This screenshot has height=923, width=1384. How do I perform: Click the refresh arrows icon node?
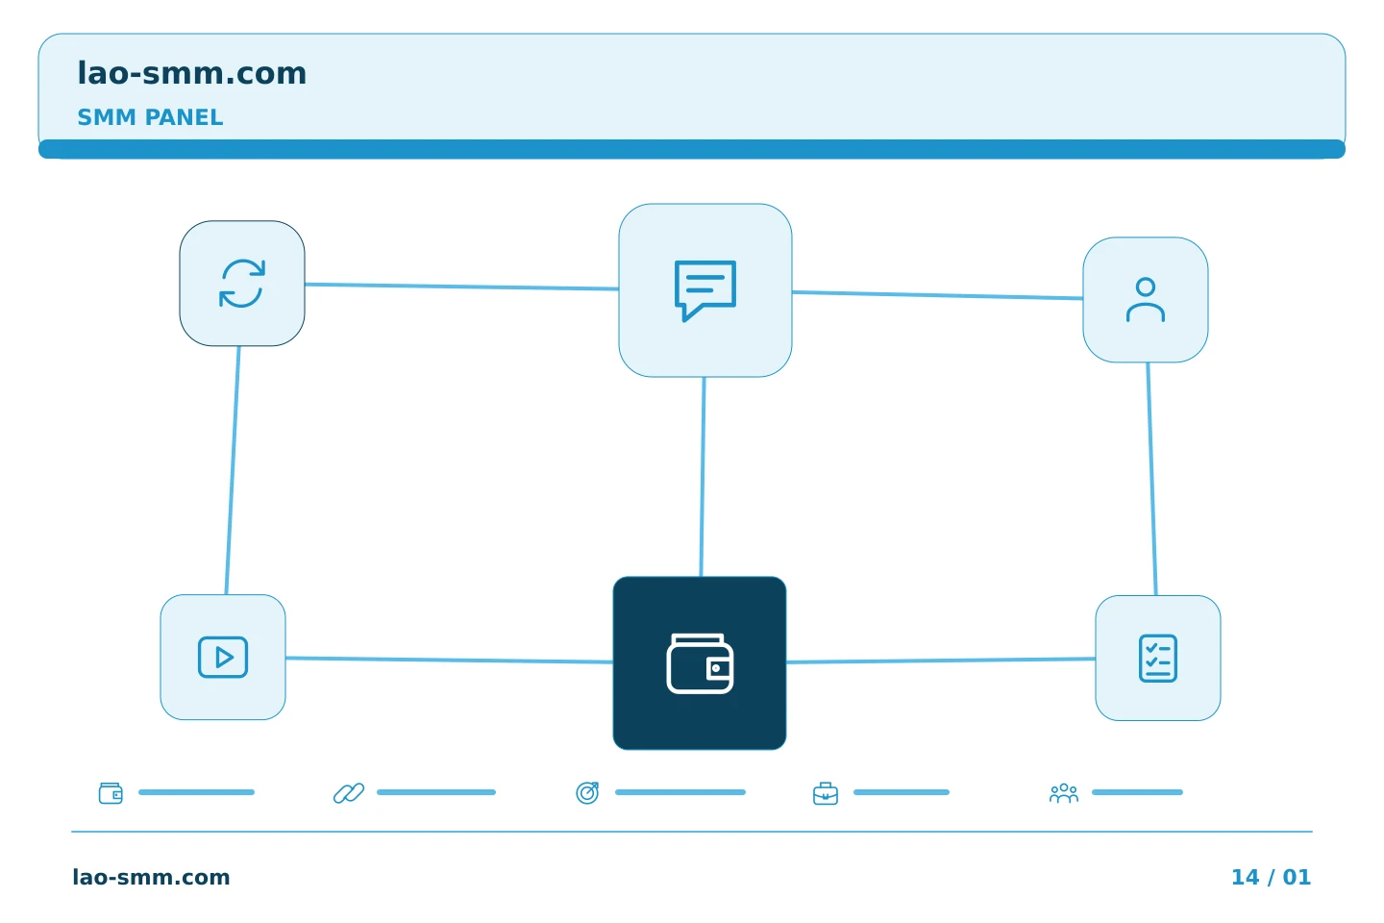coord(242,283)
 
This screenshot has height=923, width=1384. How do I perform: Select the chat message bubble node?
coord(705,290)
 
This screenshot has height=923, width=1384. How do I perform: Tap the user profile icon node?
coord(1146,300)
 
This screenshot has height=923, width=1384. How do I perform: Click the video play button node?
coord(223,658)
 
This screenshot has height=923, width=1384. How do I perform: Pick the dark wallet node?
coord(700,663)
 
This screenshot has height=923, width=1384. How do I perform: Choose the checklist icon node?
coord(1158,659)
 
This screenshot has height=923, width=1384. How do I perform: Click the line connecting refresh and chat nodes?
coord(461,287)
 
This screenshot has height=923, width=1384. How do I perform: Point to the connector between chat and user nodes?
coord(937,295)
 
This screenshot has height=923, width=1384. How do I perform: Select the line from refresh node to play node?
coord(233,470)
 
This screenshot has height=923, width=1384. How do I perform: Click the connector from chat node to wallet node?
coord(703,477)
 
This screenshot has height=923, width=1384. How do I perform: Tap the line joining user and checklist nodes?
coord(1152,479)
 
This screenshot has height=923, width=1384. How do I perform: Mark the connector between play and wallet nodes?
coord(449,660)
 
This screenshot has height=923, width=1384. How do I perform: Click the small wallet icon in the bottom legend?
coord(111,793)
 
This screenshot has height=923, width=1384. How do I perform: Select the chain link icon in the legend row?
coord(349,793)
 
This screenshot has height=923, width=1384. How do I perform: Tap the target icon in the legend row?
coord(587,792)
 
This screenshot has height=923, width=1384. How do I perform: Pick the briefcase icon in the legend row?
coord(826,793)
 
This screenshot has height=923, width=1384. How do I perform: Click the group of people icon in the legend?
coord(1063,793)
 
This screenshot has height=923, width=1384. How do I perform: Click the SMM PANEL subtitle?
coord(150,117)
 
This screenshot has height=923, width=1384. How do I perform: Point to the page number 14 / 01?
coord(1271,877)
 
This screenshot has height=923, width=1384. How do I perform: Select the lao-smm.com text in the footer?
coord(152,877)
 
